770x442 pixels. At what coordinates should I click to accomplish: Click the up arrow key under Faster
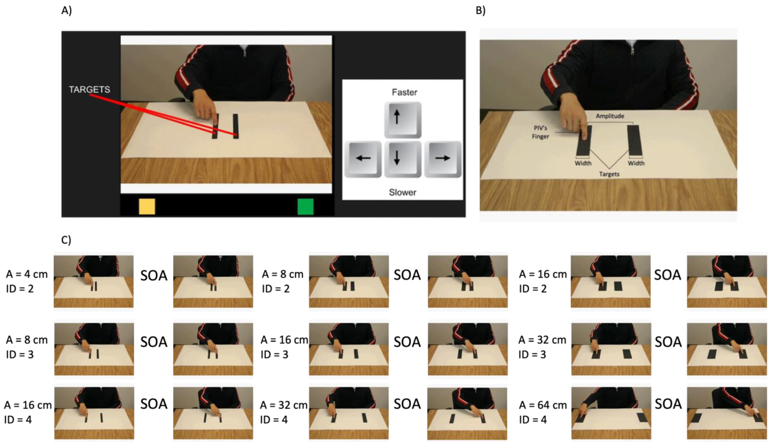[403, 120]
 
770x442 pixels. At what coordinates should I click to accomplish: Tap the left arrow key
[363, 159]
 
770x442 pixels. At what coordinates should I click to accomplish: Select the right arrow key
[442, 159]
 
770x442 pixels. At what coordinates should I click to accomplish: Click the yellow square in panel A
[147, 207]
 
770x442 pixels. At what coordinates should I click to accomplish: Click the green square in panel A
[305, 207]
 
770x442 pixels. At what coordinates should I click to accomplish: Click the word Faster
[404, 92]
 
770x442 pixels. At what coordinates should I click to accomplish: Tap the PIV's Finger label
[540, 132]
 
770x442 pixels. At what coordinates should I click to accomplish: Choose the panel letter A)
[67, 11]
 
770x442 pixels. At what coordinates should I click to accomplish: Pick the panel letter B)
[480, 11]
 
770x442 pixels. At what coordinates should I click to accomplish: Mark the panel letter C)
[66, 240]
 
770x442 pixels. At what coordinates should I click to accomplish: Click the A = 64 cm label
[543, 405]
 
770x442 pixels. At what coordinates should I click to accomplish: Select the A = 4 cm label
[27, 274]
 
